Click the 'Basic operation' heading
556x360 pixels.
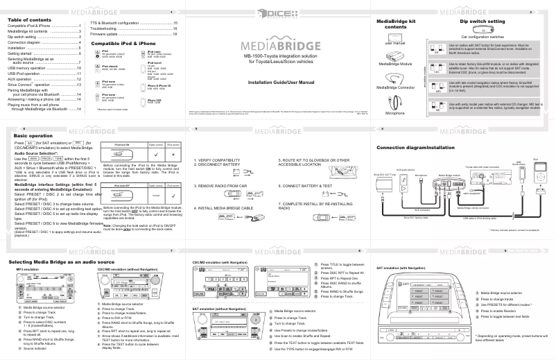(x=31, y=135)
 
